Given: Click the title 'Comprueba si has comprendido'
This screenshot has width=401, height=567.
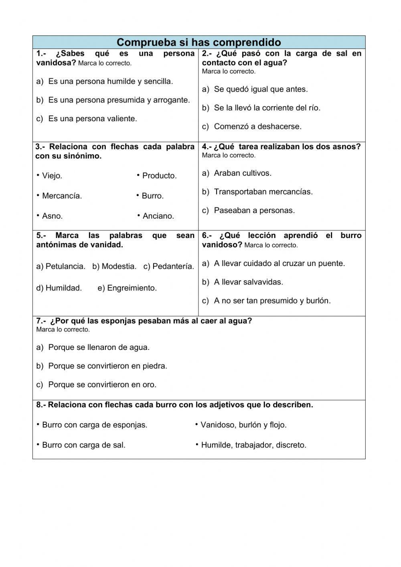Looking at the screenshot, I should [199, 42].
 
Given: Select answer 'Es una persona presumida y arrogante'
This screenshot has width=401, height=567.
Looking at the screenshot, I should [119, 100].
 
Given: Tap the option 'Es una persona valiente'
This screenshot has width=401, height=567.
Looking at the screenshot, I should [92, 119].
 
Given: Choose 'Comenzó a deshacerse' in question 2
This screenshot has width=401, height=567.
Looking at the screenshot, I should [257, 126].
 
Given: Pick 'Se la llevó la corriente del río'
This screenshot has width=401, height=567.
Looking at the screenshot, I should [267, 108].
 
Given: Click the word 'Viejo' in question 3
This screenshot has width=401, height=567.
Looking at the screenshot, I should [52, 176].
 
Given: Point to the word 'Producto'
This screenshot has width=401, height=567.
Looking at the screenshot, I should [159, 176].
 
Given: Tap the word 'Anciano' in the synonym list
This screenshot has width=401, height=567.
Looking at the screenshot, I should [158, 216].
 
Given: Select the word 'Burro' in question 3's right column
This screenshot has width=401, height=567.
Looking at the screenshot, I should [152, 196].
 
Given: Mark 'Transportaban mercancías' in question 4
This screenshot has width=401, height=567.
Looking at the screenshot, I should [263, 192].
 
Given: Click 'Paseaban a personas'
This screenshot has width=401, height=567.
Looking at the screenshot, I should [254, 210].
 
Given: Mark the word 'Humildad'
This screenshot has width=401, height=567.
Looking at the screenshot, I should [63, 288].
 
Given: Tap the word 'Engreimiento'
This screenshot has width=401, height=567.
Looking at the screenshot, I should [132, 288].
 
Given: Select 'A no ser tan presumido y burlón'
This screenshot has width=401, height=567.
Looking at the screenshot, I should [272, 301].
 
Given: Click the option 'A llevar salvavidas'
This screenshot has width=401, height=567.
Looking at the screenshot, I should [248, 282].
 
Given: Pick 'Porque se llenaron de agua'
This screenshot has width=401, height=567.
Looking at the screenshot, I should [99, 348].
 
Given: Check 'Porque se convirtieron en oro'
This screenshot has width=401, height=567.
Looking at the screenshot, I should [102, 384].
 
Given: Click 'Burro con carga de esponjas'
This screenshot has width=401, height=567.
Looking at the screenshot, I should [94, 425].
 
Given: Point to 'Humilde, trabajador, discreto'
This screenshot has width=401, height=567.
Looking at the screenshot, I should [253, 445].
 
